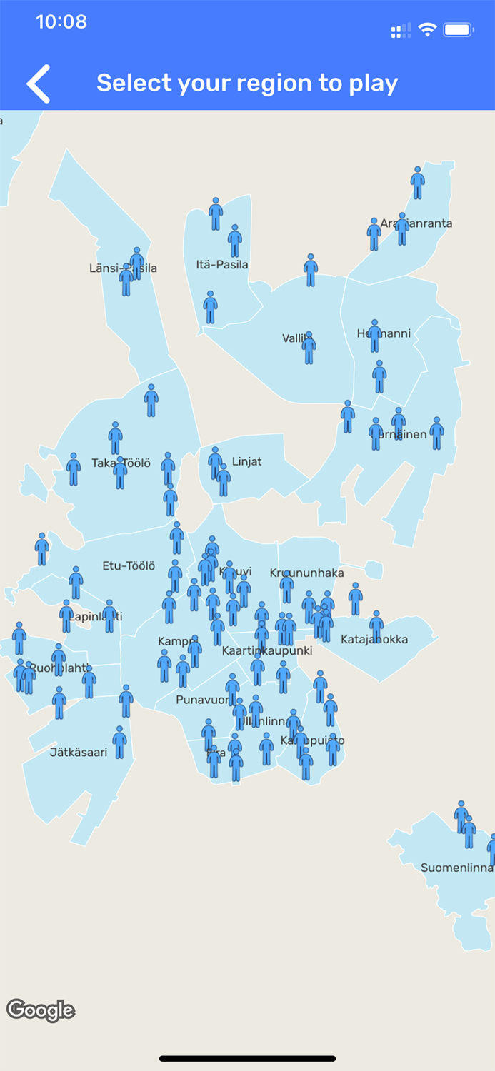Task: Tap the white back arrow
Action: [x=39, y=84]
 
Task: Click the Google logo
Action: [x=41, y=1010]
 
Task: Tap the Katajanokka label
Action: [x=374, y=639]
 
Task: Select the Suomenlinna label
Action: [x=456, y=868]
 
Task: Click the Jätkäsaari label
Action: [x=79, y=752]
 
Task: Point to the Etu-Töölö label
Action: [x=129, y=566]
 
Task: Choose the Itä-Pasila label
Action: [x=222, y=265]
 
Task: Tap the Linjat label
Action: [x=247, y=462]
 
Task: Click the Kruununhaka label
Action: [x=307, y=573]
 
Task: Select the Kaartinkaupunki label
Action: [x=267, y=651]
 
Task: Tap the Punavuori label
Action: [x=201, y=699]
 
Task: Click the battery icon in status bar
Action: [x=458, y=30]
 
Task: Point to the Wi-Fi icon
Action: [x=427, y=29]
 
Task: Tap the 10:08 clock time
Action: [x=61, y=22]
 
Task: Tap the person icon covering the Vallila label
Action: [x=309, y=348]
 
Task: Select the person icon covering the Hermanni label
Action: [x=375, y=336]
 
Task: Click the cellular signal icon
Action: [x=401, y=30]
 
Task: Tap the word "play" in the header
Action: [x=373, y=84]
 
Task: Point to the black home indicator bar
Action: [x=247, y=1059]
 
